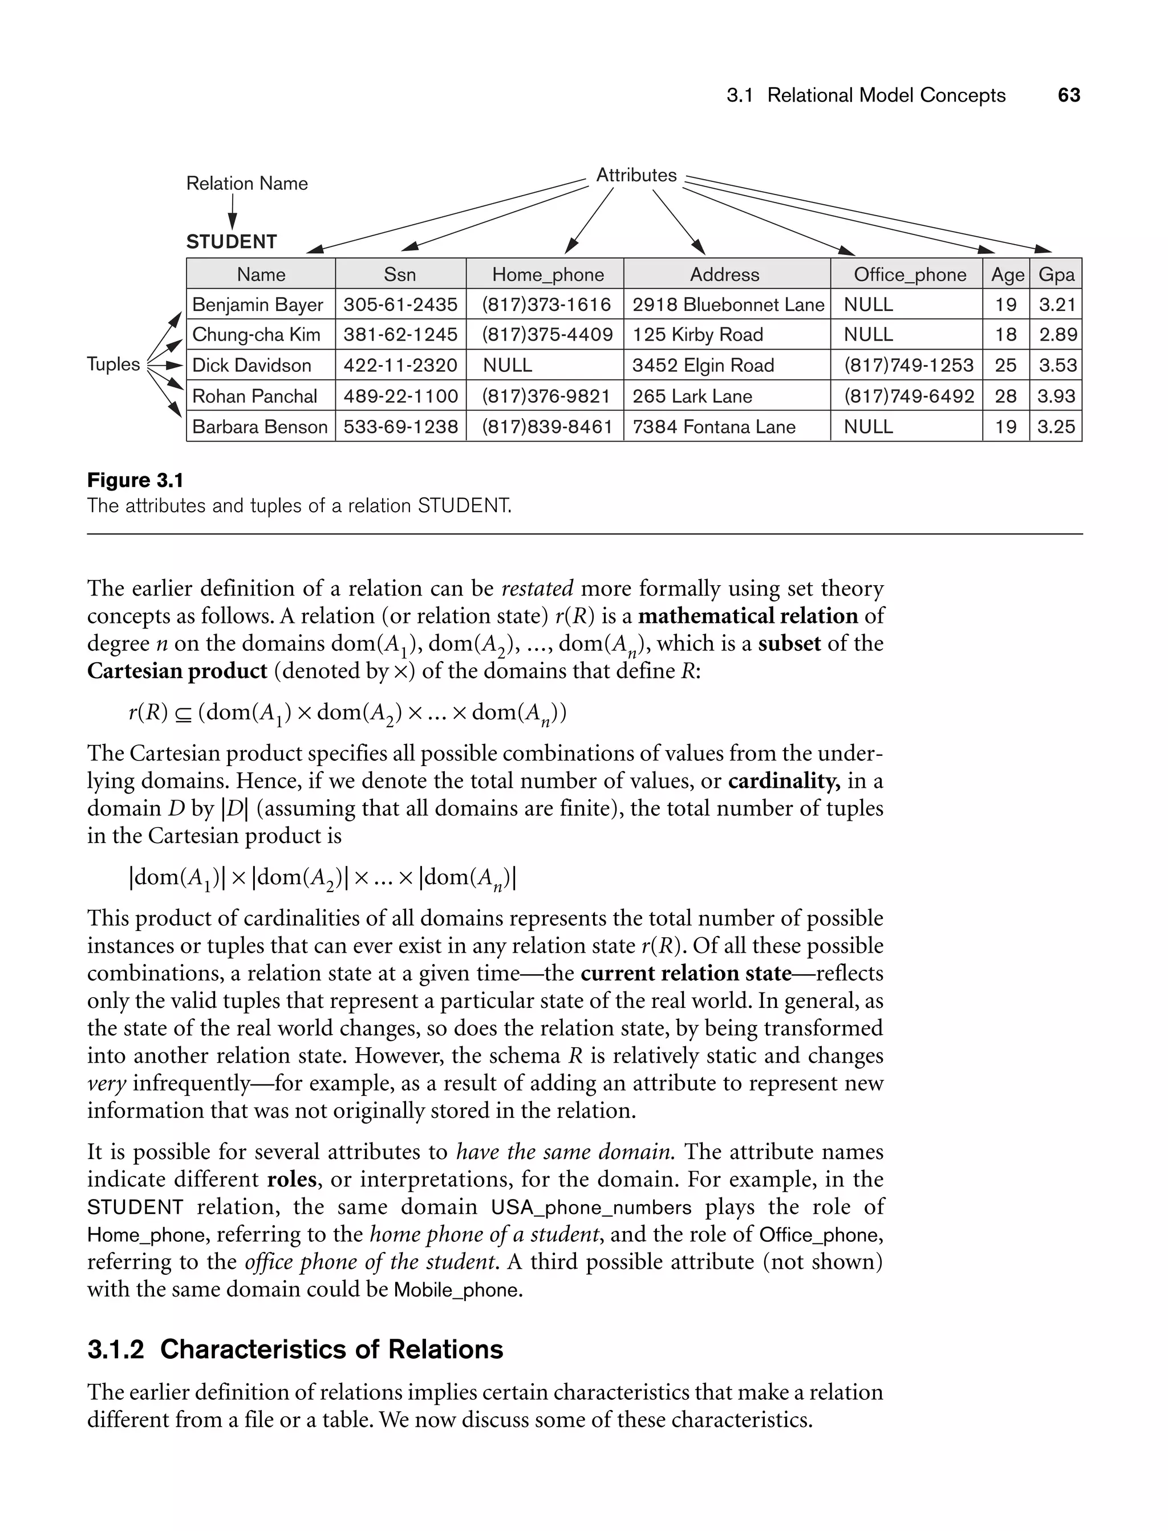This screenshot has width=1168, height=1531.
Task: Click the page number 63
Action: coord(1069,95)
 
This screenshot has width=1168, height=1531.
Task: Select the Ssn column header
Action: coord(400,274)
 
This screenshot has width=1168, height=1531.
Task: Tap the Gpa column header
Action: coord(1056,274)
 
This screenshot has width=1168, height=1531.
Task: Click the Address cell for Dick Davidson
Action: coord(702,366)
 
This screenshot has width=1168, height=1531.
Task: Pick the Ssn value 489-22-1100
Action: coord(400,396)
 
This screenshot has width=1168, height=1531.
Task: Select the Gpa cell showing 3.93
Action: coord(1056,396)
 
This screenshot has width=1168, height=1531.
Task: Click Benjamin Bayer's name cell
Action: coord(257,305)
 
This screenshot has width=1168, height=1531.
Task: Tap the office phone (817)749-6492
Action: coord(909,396)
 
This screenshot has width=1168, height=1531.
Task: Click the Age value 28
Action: coord(1005,396)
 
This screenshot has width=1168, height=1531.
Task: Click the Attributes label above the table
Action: coord(636,175)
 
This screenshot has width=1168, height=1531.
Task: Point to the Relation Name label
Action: coord(247,184)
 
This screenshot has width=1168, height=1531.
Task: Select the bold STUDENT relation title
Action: coord(232,242)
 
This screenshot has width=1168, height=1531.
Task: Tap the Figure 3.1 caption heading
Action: coord(135,480)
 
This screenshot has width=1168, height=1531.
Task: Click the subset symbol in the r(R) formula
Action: coord(183,714)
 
